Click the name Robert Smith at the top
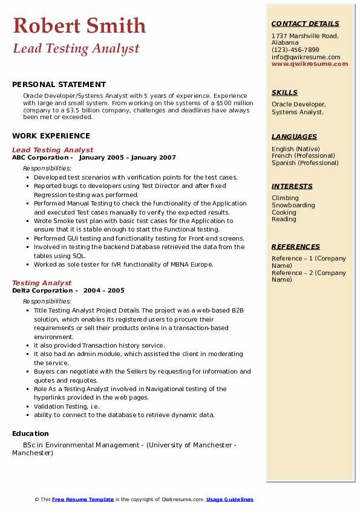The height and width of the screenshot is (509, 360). tap(79, 25)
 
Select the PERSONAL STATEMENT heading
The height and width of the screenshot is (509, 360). tap(59, 85)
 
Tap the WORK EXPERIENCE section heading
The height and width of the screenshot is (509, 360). tap(51, 136)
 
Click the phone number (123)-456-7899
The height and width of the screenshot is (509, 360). tap(295, 50)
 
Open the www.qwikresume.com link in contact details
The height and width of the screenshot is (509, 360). tap(306, 63)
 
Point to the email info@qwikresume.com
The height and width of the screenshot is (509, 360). tap(306, 57)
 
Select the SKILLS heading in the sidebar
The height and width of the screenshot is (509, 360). tap(284, 92)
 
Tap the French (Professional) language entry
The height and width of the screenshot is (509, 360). tap(304, 156)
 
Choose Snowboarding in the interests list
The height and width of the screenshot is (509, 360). tap(293, 205)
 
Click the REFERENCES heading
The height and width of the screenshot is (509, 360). tap(296, 247)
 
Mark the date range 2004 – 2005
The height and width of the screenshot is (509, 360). tap(104, 291)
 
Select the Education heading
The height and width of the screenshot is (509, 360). tap(30, 433)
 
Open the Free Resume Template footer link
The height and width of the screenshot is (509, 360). tap(83, 499)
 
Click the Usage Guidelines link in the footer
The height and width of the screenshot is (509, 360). tap(230, 499)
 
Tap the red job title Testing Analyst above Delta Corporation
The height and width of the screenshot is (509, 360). tap(42, 283)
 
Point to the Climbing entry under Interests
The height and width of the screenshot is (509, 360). tap(285, 198)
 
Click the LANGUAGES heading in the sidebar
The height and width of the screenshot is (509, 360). tap(294, 137)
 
